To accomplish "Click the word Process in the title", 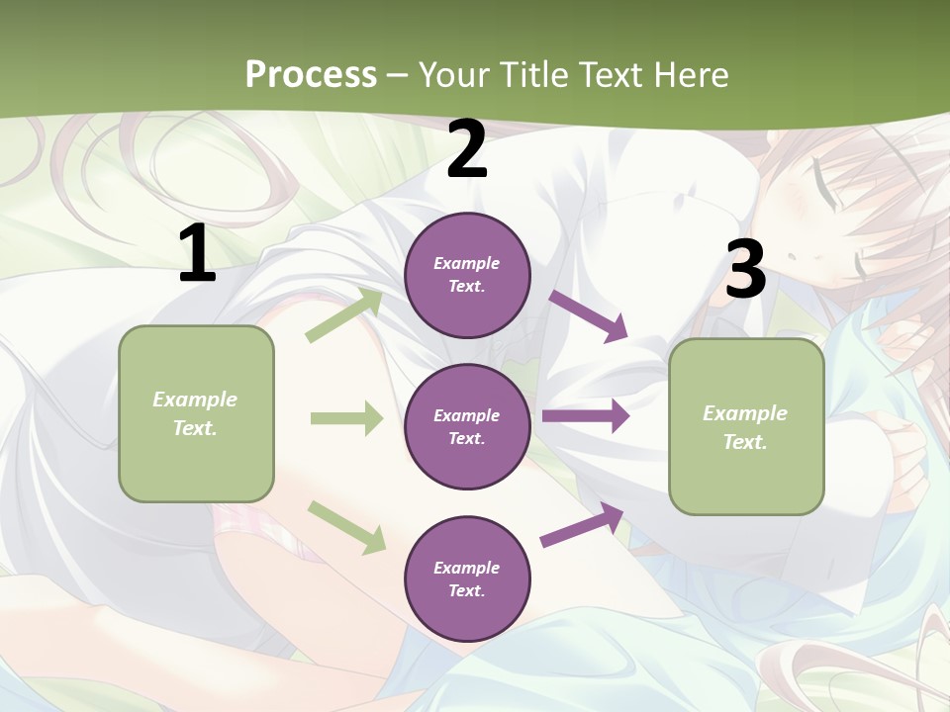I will point(311,74).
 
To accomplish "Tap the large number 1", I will point(197,254).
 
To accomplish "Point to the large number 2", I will point(467,149).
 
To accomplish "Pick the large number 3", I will point(745,269).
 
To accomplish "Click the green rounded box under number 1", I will point(196,413).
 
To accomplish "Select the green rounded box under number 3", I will point(746,426).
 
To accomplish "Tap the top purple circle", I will point(467,275).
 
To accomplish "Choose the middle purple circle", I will point(467,426).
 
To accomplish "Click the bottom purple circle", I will point(467,578).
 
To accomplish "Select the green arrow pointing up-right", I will point(344,315).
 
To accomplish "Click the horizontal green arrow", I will point(346,418).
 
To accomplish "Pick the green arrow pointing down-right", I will point(346,526).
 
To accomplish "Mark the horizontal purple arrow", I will point(585,416).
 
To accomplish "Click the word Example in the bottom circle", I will point(467,568).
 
